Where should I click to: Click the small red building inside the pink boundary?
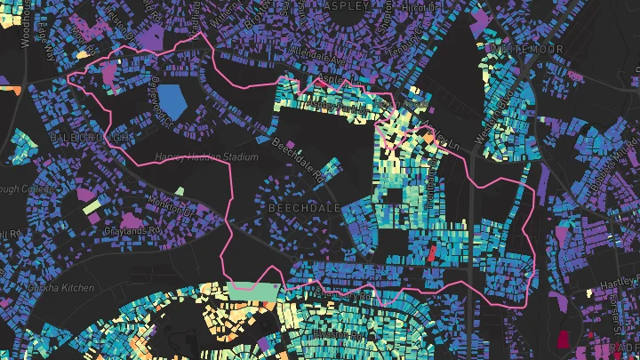pos(432,252)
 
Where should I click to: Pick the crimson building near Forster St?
pos(562,338)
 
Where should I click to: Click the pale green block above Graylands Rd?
pos(92,207)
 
